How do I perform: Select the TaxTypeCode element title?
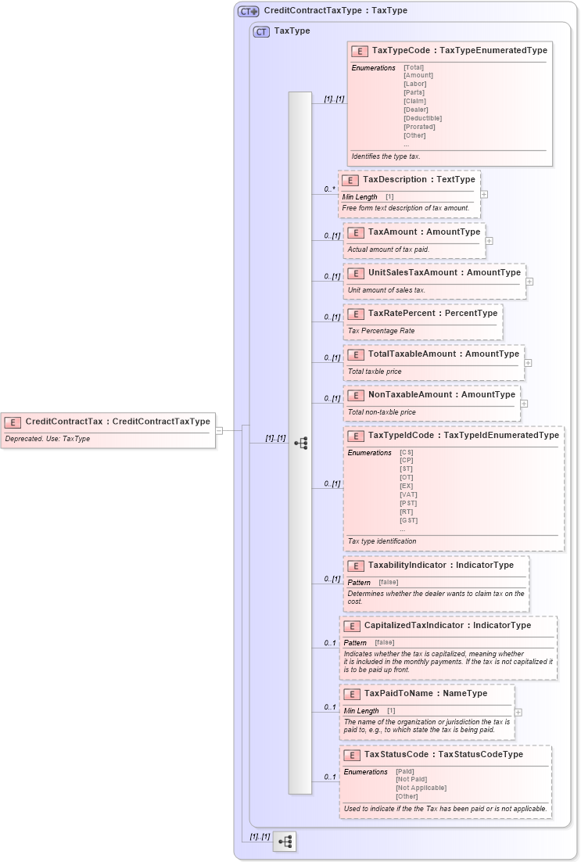[x=459, y=50]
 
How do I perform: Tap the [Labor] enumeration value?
[x=415, y=84]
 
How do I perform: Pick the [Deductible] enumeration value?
[x=422, y=118]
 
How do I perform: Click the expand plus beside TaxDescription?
[x=484, y=194]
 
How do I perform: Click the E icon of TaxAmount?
[x=356, y=232]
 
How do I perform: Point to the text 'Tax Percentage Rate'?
[x=381, y=331]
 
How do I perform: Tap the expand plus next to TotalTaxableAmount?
[x=529, y=363]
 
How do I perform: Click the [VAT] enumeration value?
[x=408, y=494]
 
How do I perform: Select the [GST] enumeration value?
[x=408, y=520]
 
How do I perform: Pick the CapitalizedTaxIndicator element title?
[x=447, y=626]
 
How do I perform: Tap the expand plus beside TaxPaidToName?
[x=518, y=713]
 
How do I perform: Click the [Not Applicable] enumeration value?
[x=421, y=788]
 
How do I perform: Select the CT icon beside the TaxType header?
[x=261, y=31]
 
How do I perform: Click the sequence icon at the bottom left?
[x=285, y=842]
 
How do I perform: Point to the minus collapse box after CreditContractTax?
[x=220, y=429]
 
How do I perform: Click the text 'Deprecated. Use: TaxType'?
[x=48, y=439]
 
